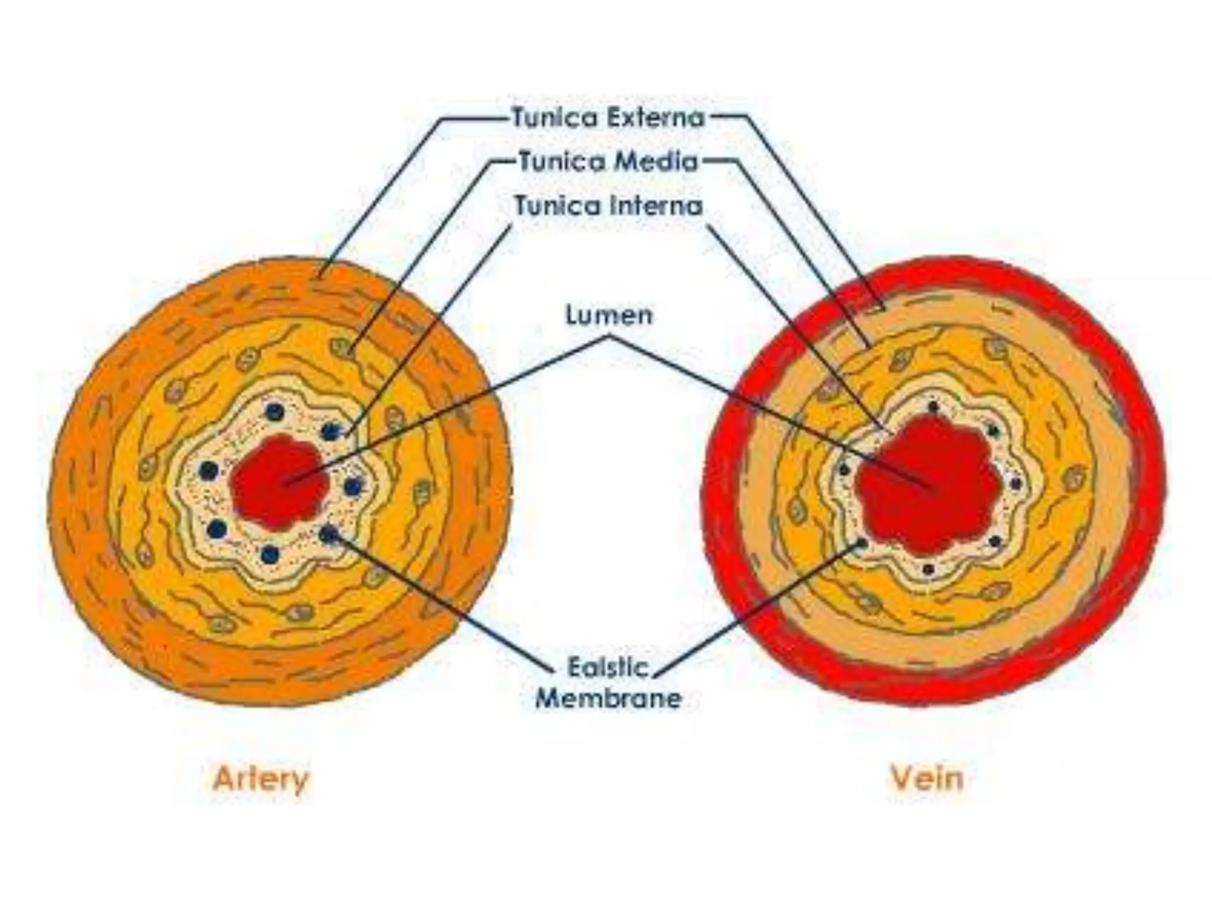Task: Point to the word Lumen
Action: (x=609, y=315)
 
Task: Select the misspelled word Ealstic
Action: (x=608, y=668)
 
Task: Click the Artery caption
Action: (x=261, y=779)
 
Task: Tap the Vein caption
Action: (x=927, y=779)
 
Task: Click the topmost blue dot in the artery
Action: (x=275, y=411)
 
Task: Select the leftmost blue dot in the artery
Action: (x=208, y=471)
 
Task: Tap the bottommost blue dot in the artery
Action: (x=270, y=555)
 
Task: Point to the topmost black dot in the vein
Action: (x=933, y=407)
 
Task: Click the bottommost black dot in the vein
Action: (x=929, y=569)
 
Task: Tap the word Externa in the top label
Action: (x=656, y=118)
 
